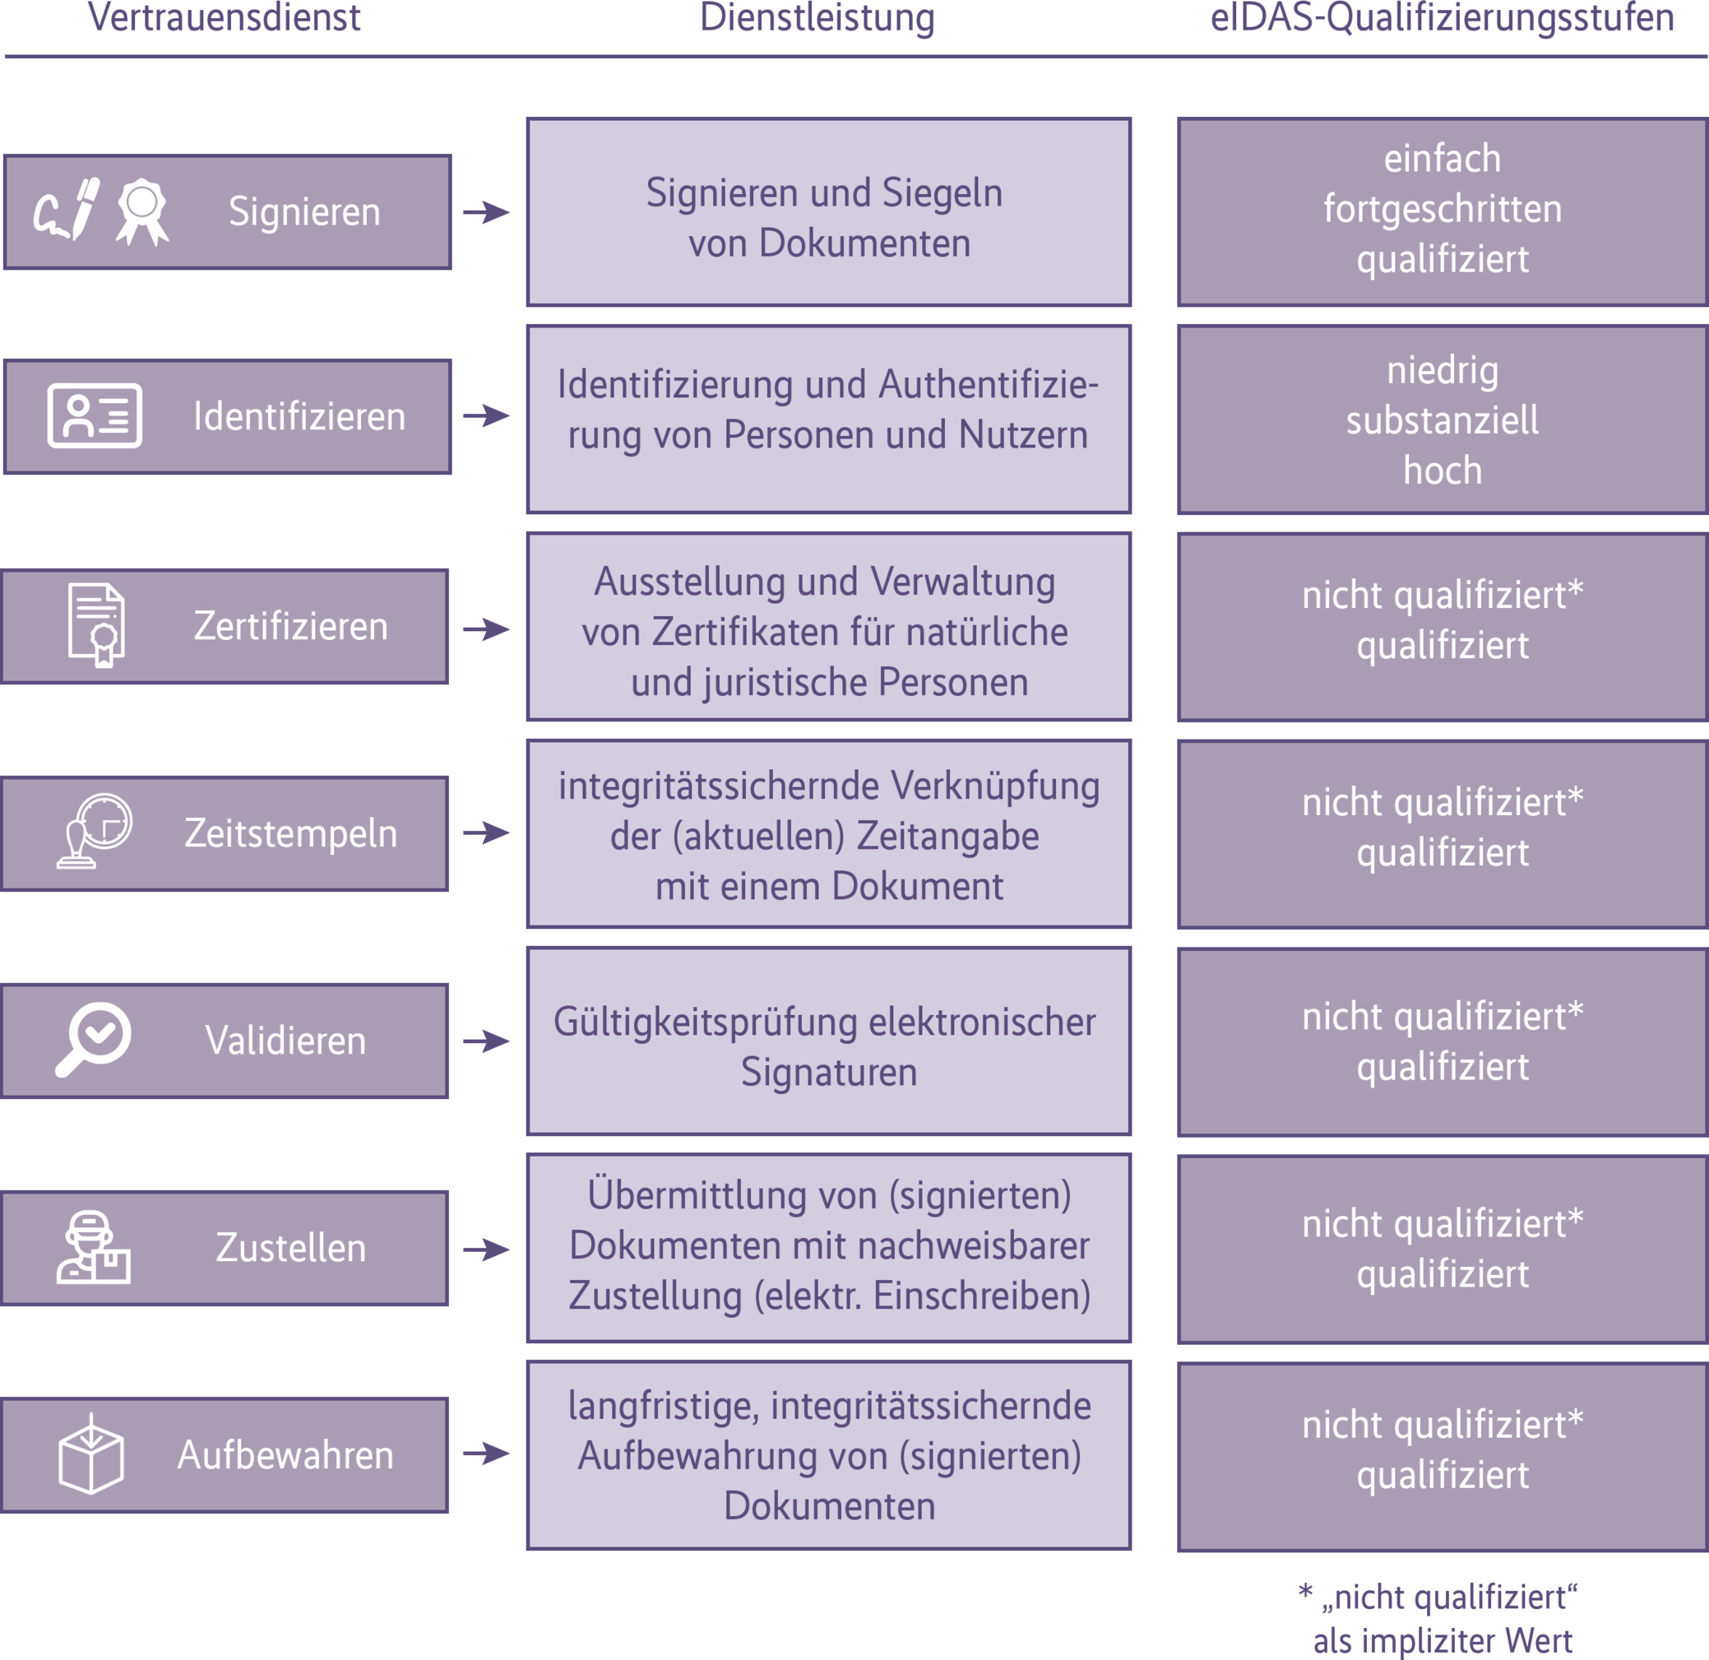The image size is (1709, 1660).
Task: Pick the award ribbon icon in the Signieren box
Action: point(142,212)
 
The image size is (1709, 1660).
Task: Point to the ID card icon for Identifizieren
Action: point(95,416)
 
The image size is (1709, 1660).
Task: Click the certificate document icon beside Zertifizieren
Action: point(96,624)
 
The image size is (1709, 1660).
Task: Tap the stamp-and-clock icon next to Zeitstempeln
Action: point(95,832)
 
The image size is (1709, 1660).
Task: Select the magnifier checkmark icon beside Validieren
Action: point(93,1039)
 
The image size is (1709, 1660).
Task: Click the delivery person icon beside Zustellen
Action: point(92,1246)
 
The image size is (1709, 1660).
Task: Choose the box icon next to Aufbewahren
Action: point(90,1454)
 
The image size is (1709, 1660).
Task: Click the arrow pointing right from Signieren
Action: point(487,212)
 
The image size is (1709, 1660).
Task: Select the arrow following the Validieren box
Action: point(487,1041)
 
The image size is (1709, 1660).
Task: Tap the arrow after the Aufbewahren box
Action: point(487,1454)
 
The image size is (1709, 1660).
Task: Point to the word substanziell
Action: point(1443,420)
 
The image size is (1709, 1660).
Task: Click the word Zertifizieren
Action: point(290,626)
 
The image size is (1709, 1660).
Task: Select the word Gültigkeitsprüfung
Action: point(706,1022)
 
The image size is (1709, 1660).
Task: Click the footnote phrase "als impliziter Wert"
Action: point(1443,1641)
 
